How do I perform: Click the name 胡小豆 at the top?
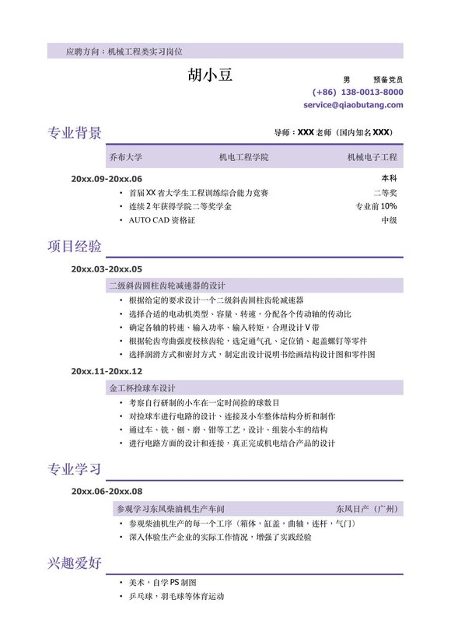click(210, 75)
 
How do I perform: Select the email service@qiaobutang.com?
click(353, 104)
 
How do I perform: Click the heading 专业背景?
click(75, 132)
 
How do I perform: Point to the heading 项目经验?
click(75, 247)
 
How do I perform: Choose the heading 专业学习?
click(75, 469)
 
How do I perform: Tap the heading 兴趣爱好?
click(75, 562)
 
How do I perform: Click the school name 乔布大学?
click(126, 157)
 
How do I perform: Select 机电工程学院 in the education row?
click(243, 157)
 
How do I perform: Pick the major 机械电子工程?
click(372, 157)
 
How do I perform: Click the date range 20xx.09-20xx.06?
click(107, 179)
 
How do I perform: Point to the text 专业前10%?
click(376, 207)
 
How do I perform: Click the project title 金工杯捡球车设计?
click(142, 387)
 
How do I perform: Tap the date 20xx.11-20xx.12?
click(107, 371)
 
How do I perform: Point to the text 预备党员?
click(388, 79)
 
